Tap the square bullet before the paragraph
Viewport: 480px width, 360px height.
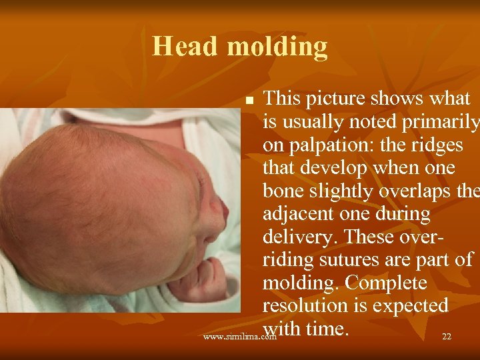point(249,101)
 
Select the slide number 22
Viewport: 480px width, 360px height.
point(447,337)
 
